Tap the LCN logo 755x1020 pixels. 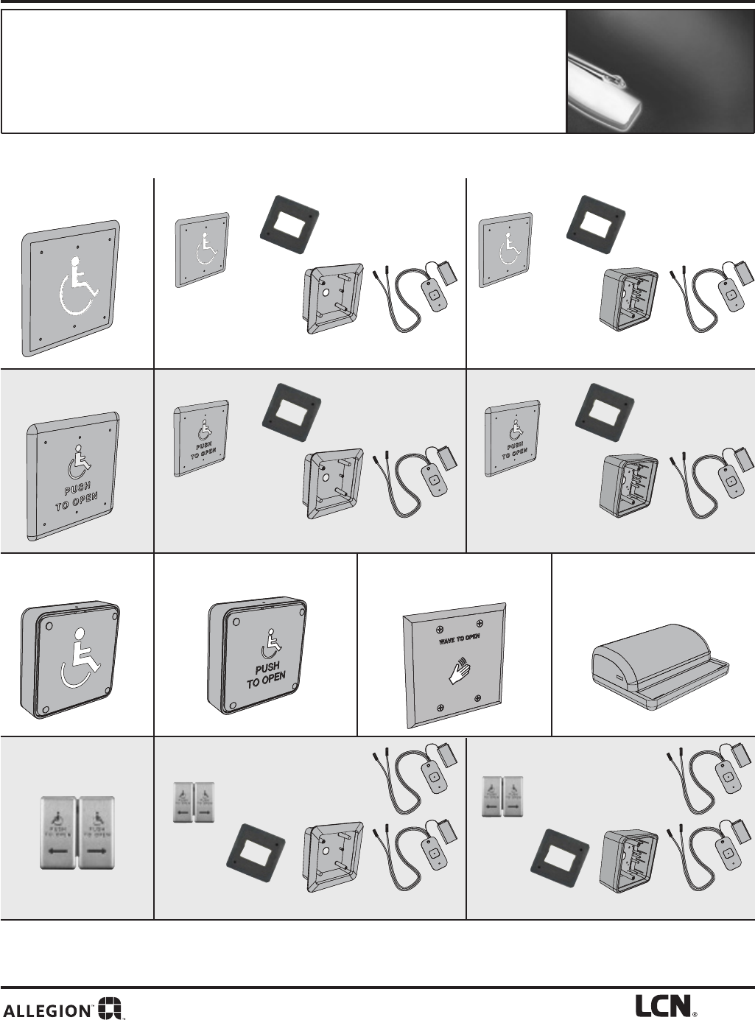coord(663,1006)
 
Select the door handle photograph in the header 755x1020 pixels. coord(660,71)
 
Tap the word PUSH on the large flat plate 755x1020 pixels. coord(77,490)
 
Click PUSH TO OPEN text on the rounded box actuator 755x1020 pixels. coord(265,675)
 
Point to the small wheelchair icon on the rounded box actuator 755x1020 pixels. coord(269,646)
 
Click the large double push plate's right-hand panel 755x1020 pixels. coord(98,831)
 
